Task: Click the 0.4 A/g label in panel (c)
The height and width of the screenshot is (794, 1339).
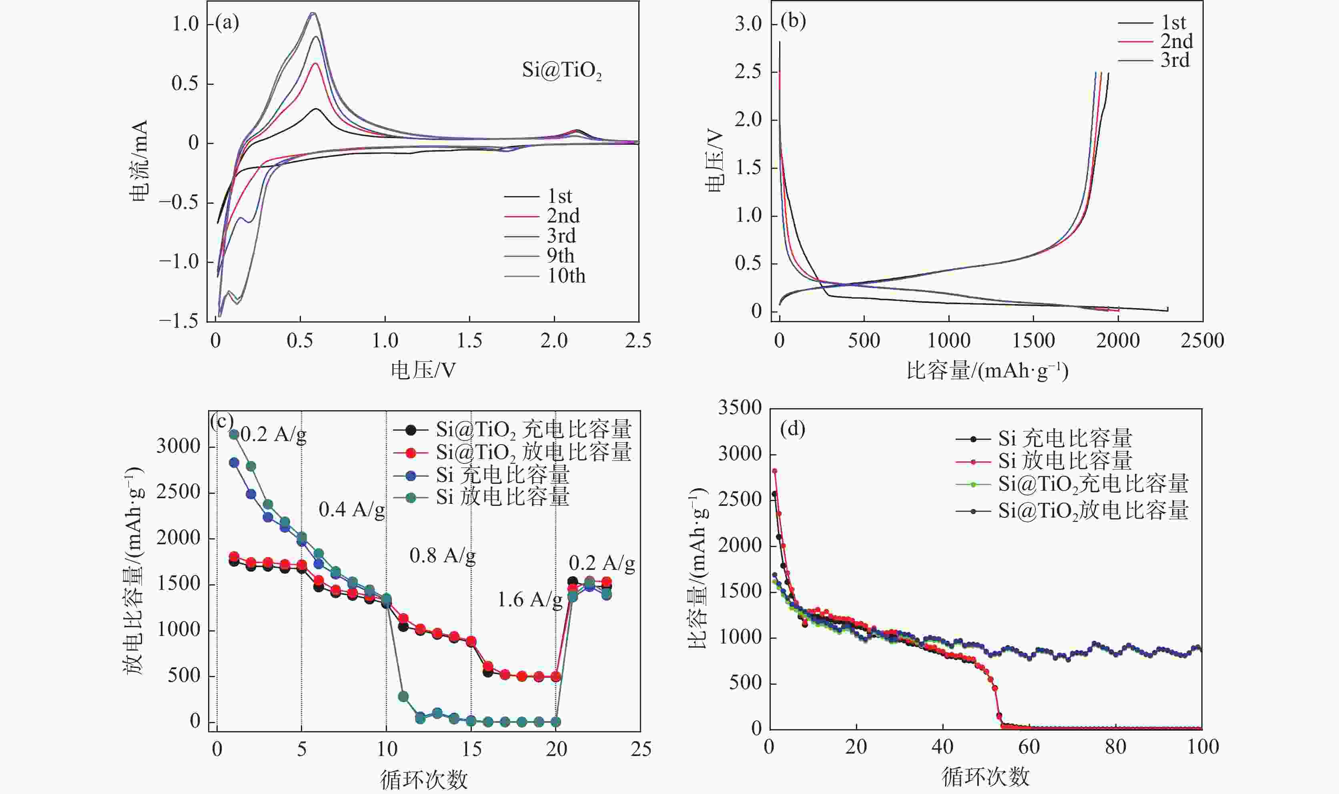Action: (x=351, y=510)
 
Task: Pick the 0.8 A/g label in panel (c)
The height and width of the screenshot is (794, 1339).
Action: (x=443, y=556)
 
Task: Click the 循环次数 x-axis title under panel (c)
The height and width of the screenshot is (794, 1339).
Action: (x=424, y=780)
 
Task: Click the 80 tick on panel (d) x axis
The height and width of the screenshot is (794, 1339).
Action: (x=1115, y=747)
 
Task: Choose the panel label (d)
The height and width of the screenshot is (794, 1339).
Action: (x=793, y=429)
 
